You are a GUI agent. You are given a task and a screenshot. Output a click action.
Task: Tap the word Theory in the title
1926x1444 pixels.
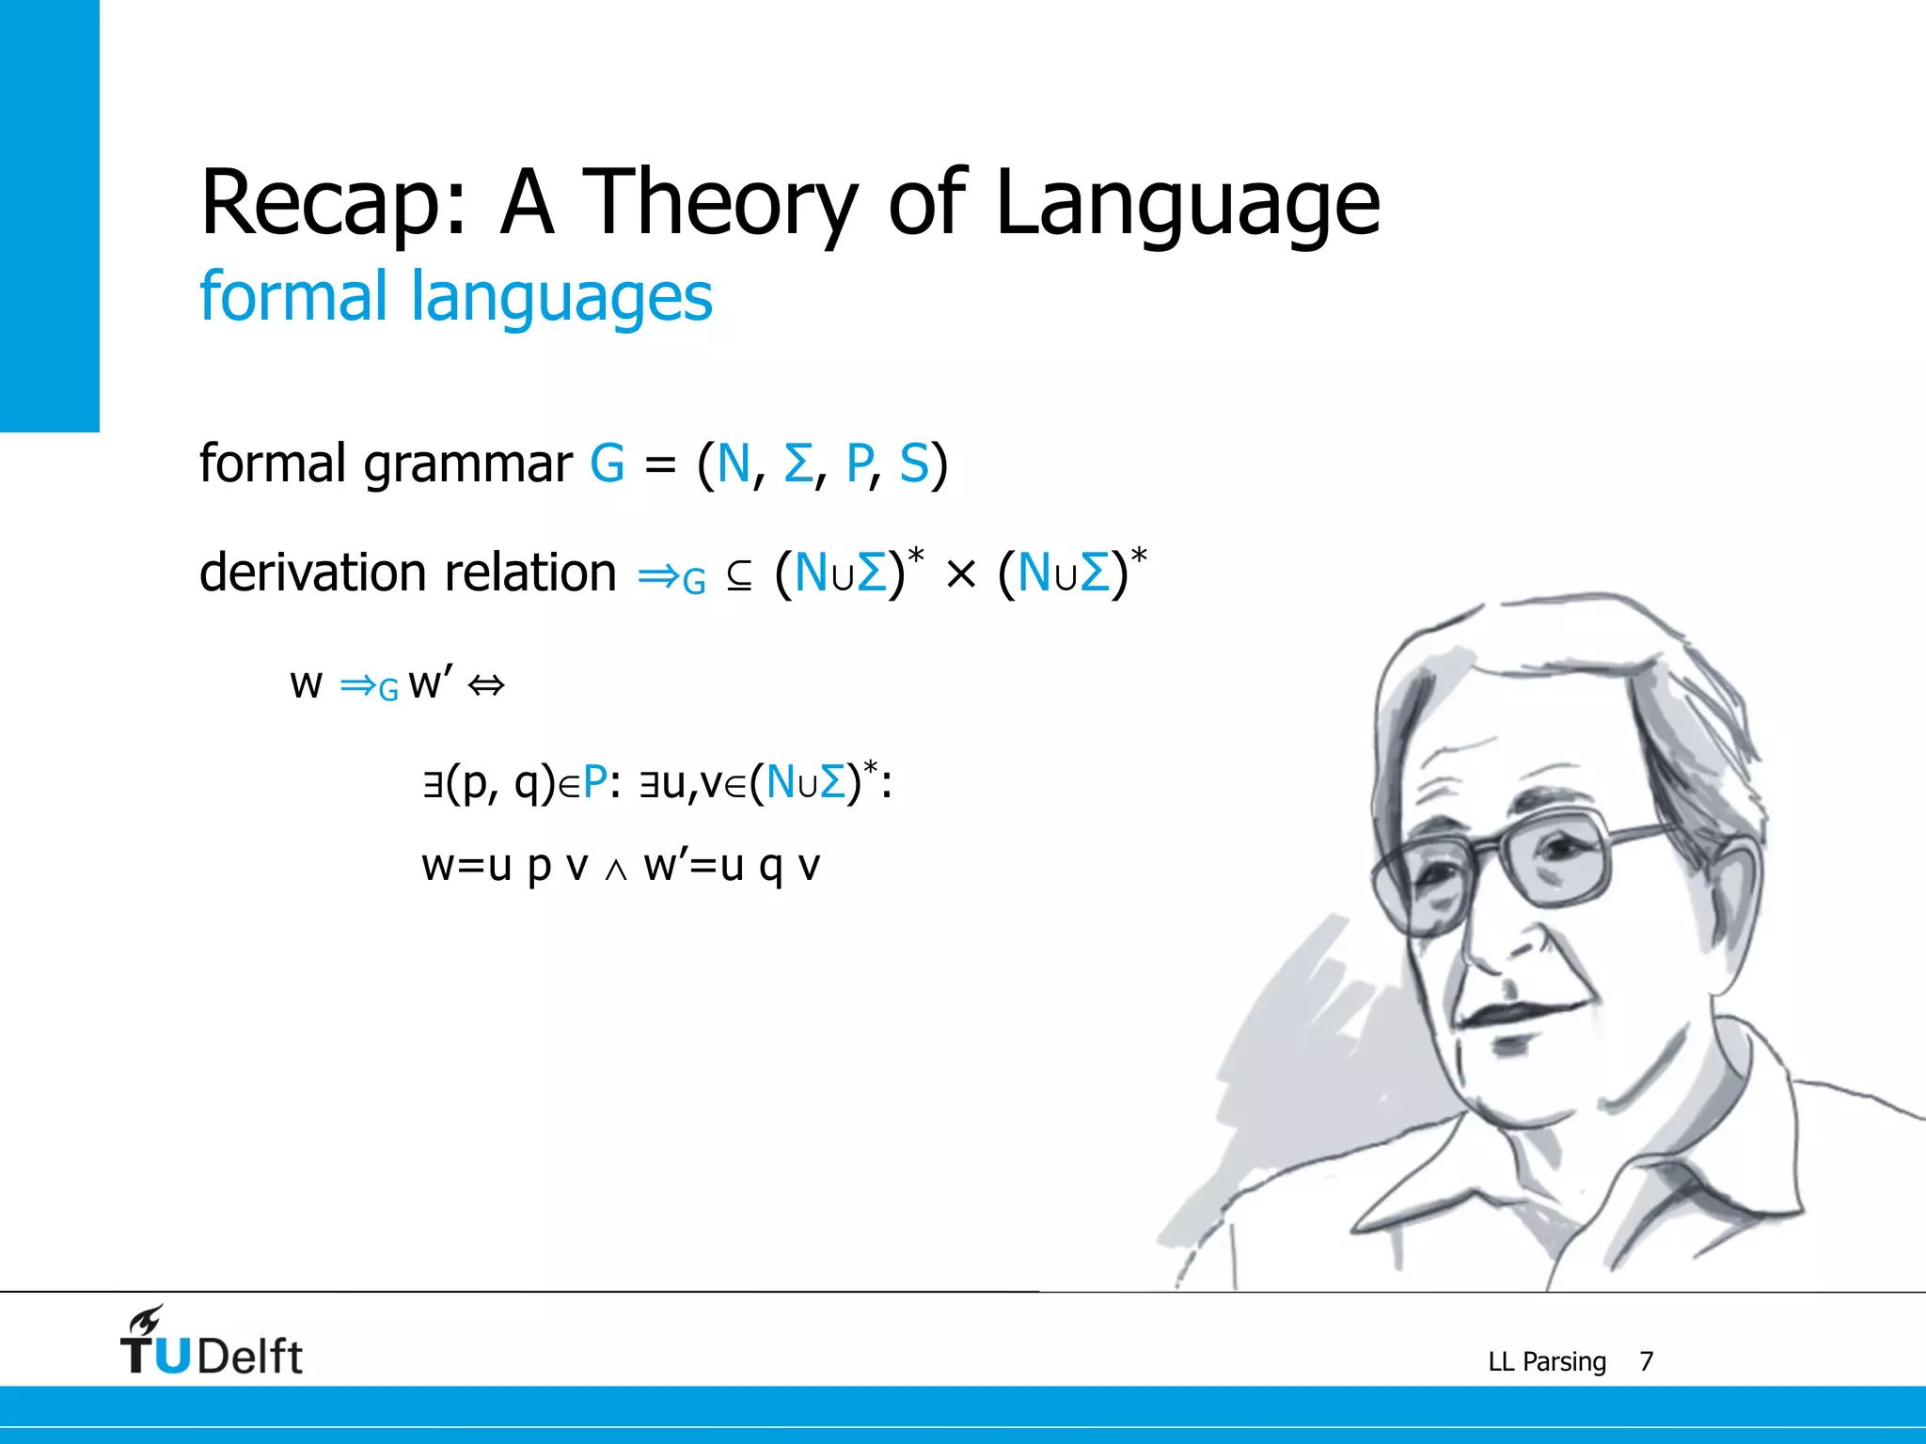pyautogui.click(x=719, y=202)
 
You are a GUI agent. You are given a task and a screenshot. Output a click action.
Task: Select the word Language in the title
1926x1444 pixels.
pyautogui.click(x=1187, y=202)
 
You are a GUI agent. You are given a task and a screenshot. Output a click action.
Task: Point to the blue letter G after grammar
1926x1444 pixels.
pyautogui.click(x=608, y=463)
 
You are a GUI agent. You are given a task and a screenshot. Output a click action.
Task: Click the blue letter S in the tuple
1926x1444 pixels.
pyautogui.click(x=913, y=463)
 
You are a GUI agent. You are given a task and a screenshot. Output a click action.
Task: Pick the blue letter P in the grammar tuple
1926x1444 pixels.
pyautogui.click(x=859, y=463)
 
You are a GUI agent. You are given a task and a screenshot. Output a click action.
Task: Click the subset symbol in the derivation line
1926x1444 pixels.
pyautogui.click(x=739, y=576)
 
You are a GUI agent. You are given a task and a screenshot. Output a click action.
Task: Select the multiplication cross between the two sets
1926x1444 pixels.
pyautogui.click(x=960, y=574)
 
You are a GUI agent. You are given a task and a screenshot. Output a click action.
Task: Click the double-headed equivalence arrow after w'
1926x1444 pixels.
pyautogui.click(x=486, y=685)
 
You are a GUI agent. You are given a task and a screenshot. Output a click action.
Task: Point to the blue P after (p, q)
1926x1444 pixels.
pyautogui.click(x=594, y=783)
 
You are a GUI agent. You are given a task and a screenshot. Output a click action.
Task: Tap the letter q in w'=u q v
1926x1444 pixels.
pyautogui.click(x=770, y=866)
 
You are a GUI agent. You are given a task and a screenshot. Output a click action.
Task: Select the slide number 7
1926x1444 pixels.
pyautogui.click(x=1646, y=1361)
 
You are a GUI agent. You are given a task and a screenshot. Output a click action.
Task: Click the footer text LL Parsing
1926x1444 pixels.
pyautogui.click(x=1546, y=1361)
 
